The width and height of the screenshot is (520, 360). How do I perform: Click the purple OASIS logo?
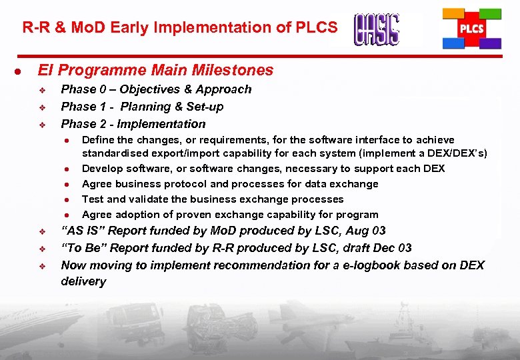(377, 30)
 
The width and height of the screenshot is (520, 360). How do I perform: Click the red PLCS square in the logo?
(472, 29)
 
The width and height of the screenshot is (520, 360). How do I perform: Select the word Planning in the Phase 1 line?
(145, 107)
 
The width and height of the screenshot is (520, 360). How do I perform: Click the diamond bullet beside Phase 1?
(41, 107)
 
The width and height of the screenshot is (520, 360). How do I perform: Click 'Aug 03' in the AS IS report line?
(367, 231)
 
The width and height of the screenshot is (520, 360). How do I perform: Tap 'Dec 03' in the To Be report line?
(392, 248)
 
